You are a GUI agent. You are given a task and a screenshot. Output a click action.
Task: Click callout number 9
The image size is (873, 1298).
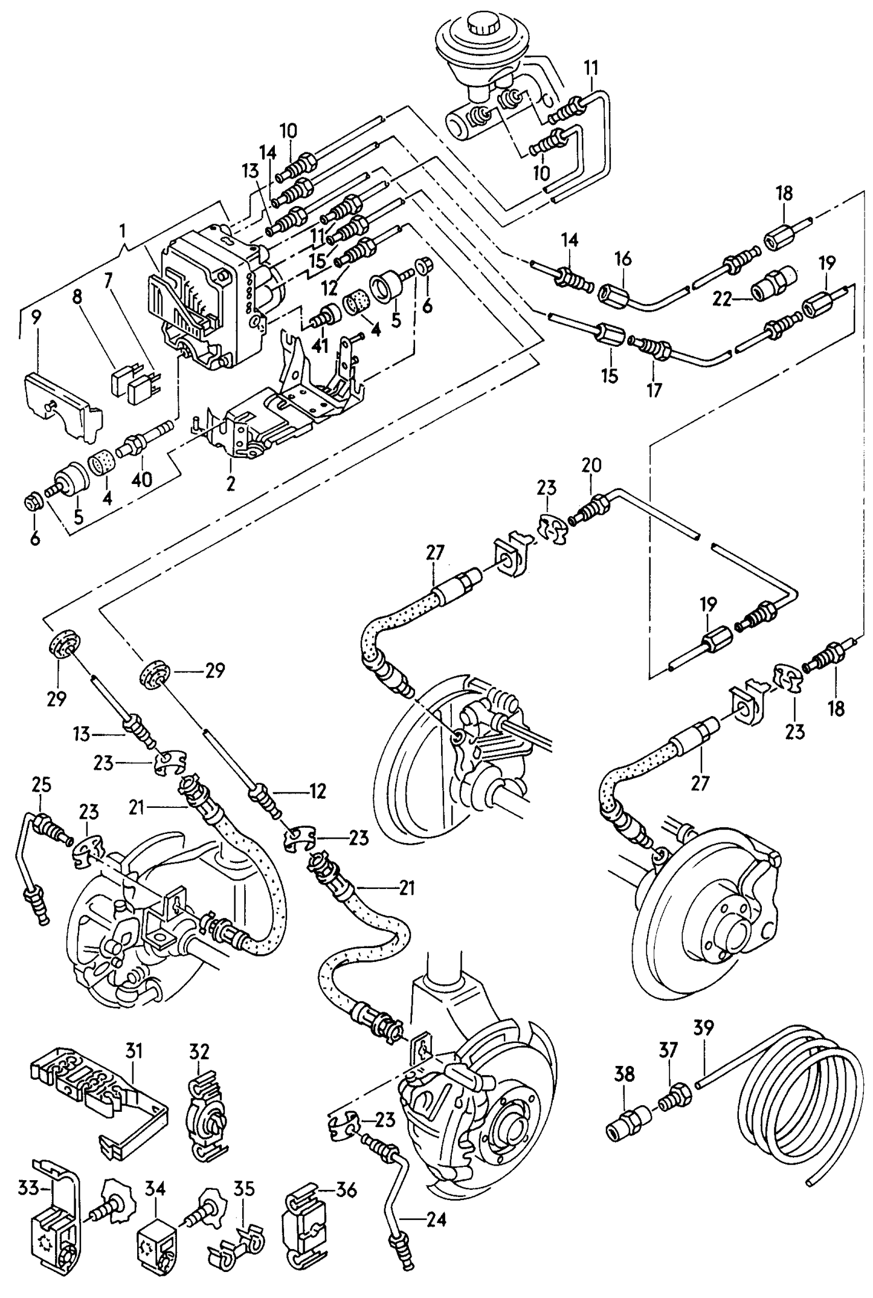(x=36, y=318)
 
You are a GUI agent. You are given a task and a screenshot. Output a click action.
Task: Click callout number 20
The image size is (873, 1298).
(x=591, y=465)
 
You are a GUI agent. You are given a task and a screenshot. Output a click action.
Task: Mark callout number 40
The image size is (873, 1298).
(x=142, y=479)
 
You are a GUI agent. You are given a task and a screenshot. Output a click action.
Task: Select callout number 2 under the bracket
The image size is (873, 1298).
(x=231, y=483)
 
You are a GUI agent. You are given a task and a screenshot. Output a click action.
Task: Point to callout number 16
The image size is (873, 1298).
(x=623, y=259)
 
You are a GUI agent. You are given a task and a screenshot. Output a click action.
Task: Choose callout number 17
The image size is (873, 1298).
(x=654, y=390)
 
